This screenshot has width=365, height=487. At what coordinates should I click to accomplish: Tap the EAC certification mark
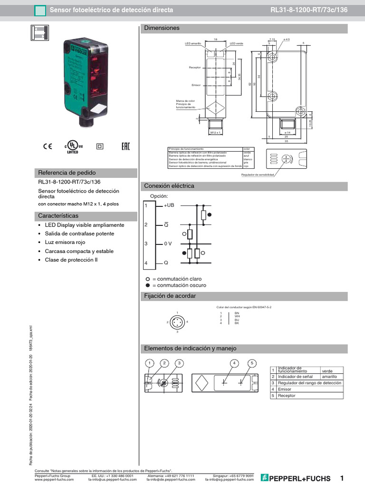125,146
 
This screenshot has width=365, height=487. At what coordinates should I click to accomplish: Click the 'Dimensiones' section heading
162,29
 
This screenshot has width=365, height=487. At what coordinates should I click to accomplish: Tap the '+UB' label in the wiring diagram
170,205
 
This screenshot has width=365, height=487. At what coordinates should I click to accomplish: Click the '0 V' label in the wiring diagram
169,243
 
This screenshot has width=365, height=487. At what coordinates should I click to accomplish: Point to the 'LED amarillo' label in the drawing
193,43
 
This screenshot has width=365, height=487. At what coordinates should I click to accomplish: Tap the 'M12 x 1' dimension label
217,133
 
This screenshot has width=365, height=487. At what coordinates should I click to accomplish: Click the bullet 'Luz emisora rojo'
67,242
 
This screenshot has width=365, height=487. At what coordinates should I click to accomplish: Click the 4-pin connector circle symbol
177,322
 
